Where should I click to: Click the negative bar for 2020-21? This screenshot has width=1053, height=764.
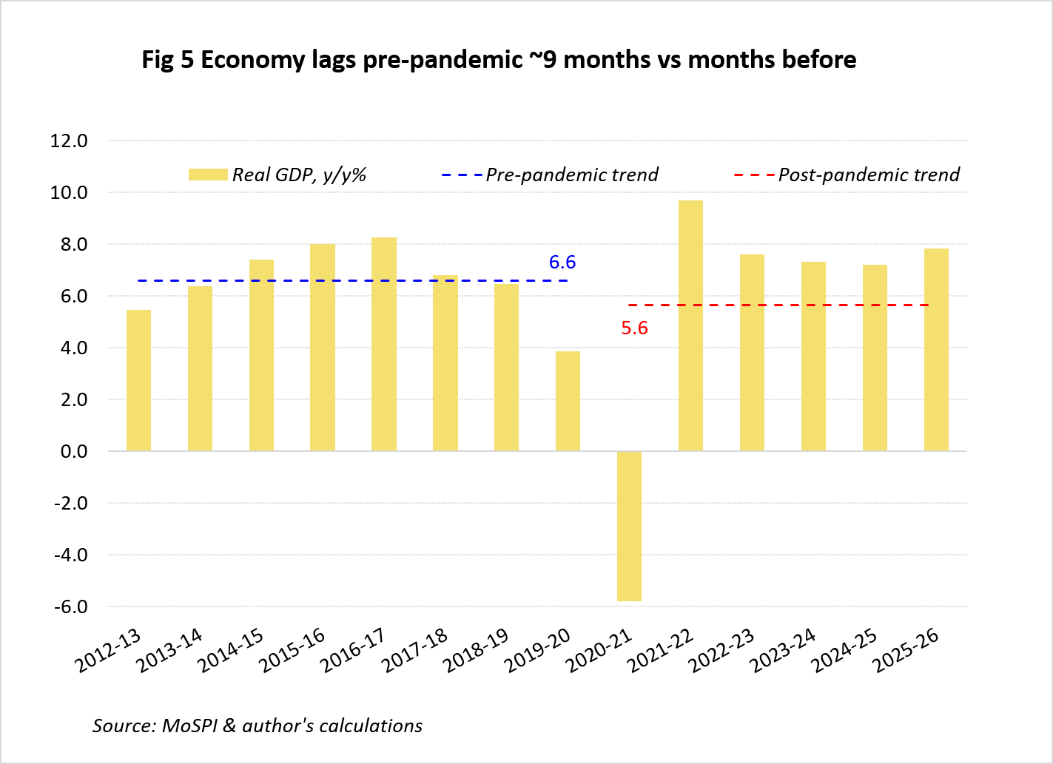629,526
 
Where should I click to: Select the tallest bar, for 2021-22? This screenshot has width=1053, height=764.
690,325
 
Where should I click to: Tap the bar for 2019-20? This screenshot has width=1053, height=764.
568,402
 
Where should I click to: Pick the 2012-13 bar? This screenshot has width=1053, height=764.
138,381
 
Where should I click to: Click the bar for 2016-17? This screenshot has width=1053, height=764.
384,345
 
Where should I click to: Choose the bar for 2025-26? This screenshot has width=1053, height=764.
936,350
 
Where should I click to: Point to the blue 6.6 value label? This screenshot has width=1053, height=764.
562,262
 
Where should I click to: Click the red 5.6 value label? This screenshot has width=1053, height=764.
635,328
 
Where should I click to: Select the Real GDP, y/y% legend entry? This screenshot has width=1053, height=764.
277,175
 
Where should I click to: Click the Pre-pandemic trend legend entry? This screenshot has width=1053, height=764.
550,175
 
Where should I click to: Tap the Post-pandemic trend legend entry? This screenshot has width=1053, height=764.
847,175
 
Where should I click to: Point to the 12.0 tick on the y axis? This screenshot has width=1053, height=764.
69,141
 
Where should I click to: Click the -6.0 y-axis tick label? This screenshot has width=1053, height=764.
71,606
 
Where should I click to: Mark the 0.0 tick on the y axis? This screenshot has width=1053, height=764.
74,452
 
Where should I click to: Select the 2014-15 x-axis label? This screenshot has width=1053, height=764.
230,650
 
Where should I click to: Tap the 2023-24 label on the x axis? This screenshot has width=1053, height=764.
782,650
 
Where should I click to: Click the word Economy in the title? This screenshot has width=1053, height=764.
253,60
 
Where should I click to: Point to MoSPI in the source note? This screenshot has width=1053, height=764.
189,726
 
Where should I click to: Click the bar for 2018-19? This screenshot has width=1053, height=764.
506,368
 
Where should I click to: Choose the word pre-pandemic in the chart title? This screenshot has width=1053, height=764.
443,60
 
